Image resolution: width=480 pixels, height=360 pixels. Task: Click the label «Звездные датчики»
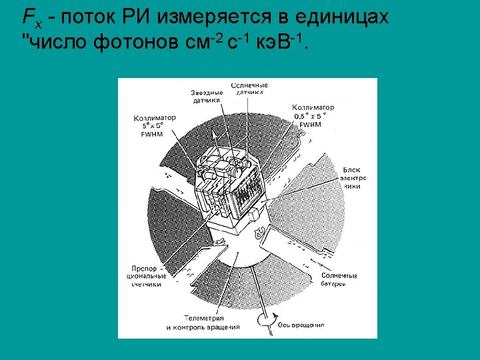click(x=207, y=97)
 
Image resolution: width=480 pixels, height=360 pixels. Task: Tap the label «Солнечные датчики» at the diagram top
click(x=250, y=89)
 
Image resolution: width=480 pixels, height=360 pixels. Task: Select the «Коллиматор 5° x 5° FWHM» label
click(x=155, y=125)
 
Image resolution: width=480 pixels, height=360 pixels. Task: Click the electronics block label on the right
click(x=351, y=178)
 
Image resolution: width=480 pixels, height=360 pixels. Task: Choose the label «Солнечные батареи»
click(x=339, y=279)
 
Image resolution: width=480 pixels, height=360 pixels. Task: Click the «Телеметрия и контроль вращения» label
click(x=203, y=323)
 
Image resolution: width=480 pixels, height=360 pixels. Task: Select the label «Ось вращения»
click(x=301, y=325)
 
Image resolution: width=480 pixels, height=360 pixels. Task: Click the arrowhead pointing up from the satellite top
click(x=215, y=134)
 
